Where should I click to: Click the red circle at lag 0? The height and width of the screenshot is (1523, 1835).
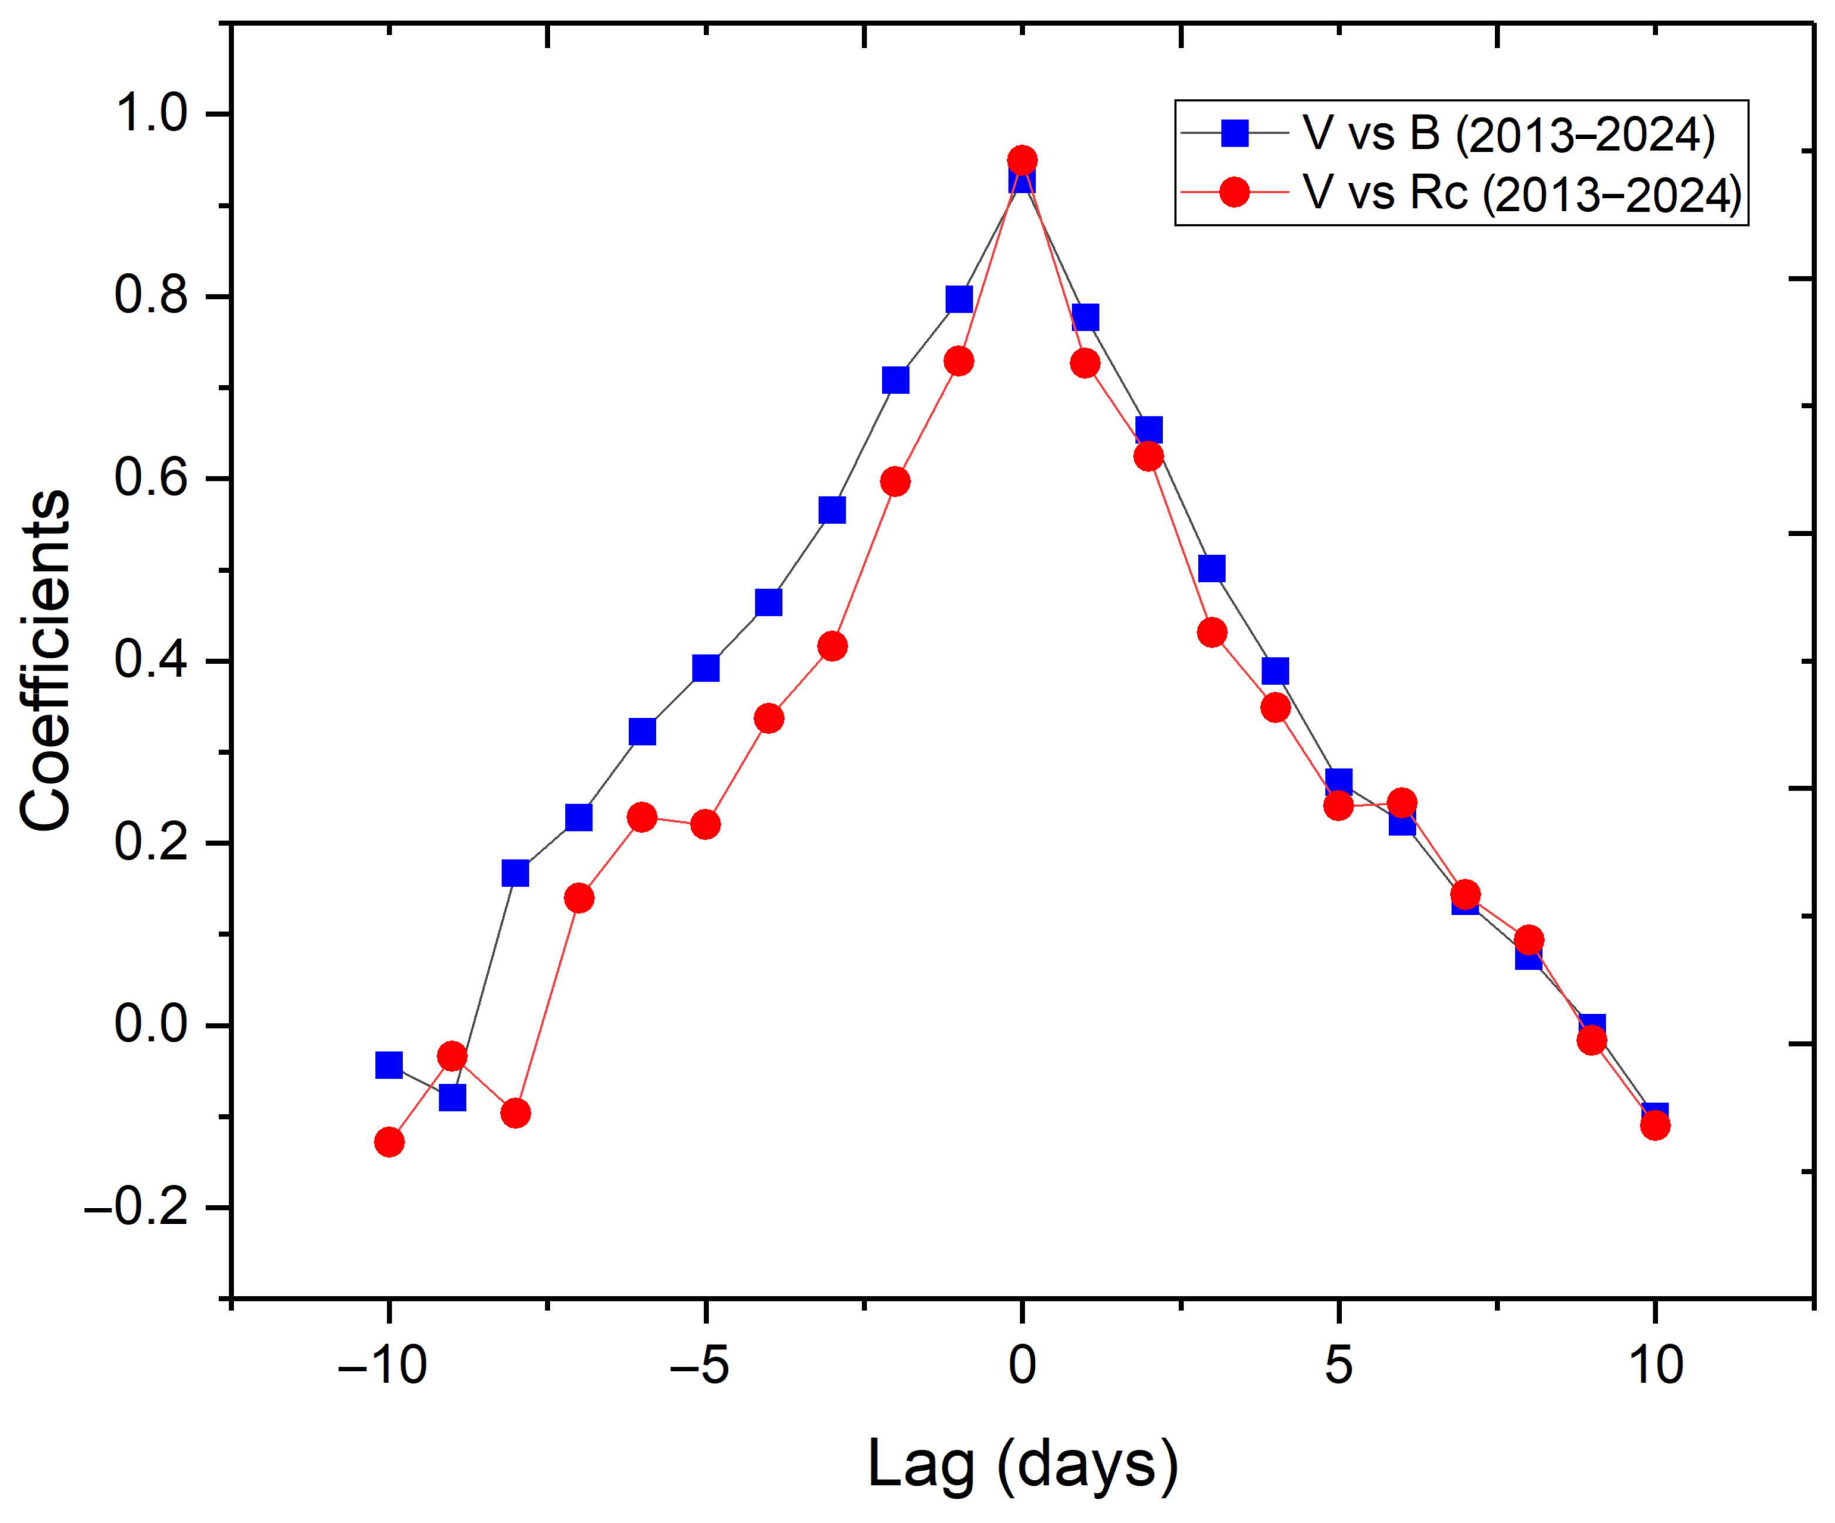[1022, 161]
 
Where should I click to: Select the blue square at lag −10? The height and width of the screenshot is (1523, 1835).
[389, 1065]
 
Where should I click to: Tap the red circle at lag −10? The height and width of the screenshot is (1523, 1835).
[389, 1142]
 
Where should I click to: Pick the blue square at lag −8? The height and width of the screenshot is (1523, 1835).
[515, 873]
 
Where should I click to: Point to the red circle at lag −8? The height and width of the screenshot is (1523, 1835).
[515, 1113]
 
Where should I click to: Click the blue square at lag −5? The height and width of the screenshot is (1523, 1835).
[705, 667]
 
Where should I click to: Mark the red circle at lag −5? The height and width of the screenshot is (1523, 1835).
[705, 824]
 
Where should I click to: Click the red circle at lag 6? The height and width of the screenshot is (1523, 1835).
[1402, 802]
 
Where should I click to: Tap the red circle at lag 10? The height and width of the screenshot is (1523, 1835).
[1655, 1125]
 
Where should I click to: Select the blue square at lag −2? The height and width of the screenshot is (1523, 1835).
[896, 380]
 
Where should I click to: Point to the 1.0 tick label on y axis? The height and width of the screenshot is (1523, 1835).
[151, 114]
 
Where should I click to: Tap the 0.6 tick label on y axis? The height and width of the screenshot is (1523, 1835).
[151, 478]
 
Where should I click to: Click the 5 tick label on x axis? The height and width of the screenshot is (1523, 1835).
[1338, 1365]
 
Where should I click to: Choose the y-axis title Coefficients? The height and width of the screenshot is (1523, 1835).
[45, 660]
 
